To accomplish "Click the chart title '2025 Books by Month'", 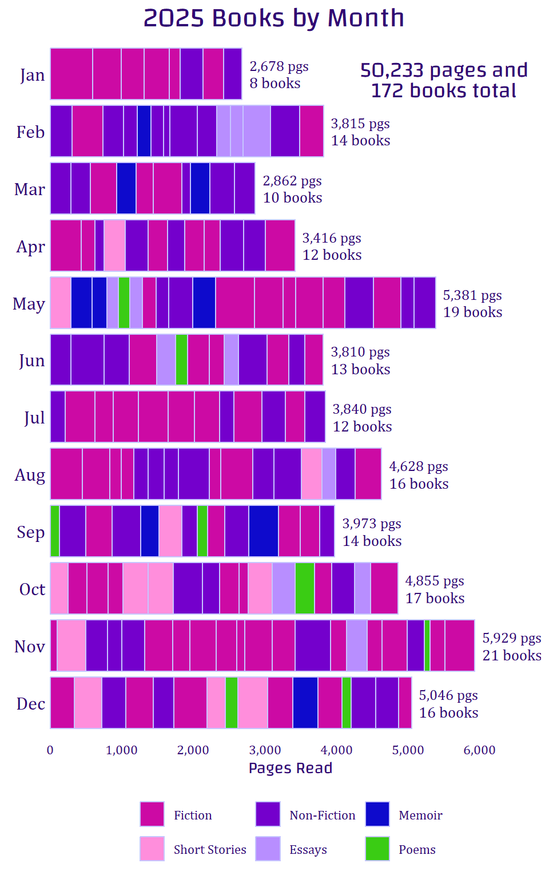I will (x=274, y=18).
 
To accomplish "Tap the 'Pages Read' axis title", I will (x=291, y=768).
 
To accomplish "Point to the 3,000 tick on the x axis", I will (x=265, y=750).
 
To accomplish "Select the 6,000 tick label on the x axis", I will (x=479, y=750).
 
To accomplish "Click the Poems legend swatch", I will (x=377, y=849).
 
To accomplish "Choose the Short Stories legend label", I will (x=210, y=850).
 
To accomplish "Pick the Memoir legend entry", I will (x=420, y=815).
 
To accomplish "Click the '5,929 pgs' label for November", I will (x=512, y=638).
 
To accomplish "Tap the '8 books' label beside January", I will (x=275, y=84).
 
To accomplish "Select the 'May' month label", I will (x=29, y=303).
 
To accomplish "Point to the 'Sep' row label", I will (x=31, y=532).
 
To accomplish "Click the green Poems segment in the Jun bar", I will (x=181, y=360).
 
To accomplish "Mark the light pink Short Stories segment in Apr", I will (x=114, y=246).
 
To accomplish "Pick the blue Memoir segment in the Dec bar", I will (x=305, y=703).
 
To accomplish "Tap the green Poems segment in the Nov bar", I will (x=427, y=646).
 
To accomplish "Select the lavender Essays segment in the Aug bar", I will (x=329, y=474).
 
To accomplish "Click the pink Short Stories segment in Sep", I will (x=170, y=531).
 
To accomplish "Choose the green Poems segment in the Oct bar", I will (x=305, y=588).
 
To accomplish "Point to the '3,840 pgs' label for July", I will (x=362, y=409).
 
